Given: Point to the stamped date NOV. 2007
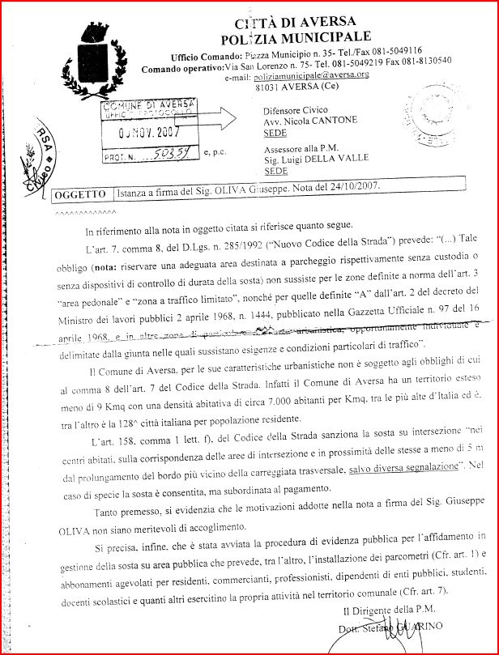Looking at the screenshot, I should (151, 133).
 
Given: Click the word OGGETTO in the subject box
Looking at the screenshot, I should (79, 195).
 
